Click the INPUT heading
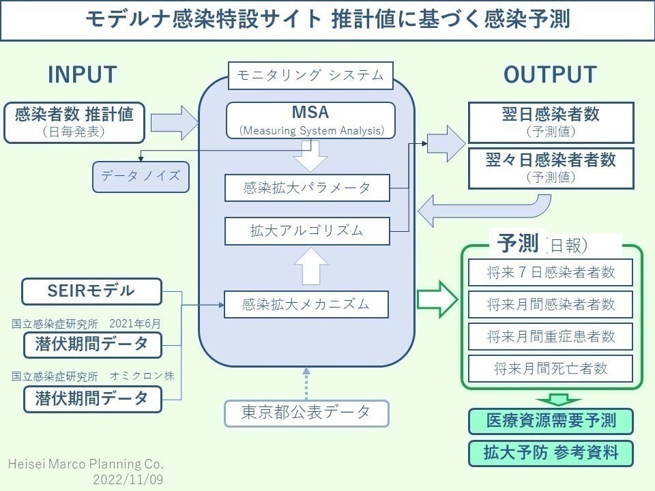click(x=82, y=75)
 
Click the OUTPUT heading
click(x=550, y=75)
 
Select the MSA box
click(x=310, y=119)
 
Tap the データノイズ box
click(x=141, y=176)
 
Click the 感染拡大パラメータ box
click(x=306, y=188)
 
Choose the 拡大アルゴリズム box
click(x=306, y=230)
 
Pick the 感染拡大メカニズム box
click(x=306, y=304)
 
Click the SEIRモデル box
click(x=91, y=291)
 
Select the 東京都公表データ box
click(x=306, y=413)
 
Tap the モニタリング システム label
click(x=310, y=76)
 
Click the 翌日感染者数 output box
click(x=550, y=122)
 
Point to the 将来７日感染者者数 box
click(x=551, y=273)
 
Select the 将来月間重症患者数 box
click(x=551, y=336)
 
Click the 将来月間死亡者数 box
click(x=551, y=368)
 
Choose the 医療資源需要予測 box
click(x=551, y=421)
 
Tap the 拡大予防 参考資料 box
click(x=551, y=453)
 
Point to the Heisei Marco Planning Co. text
click(x=85, y=464)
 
